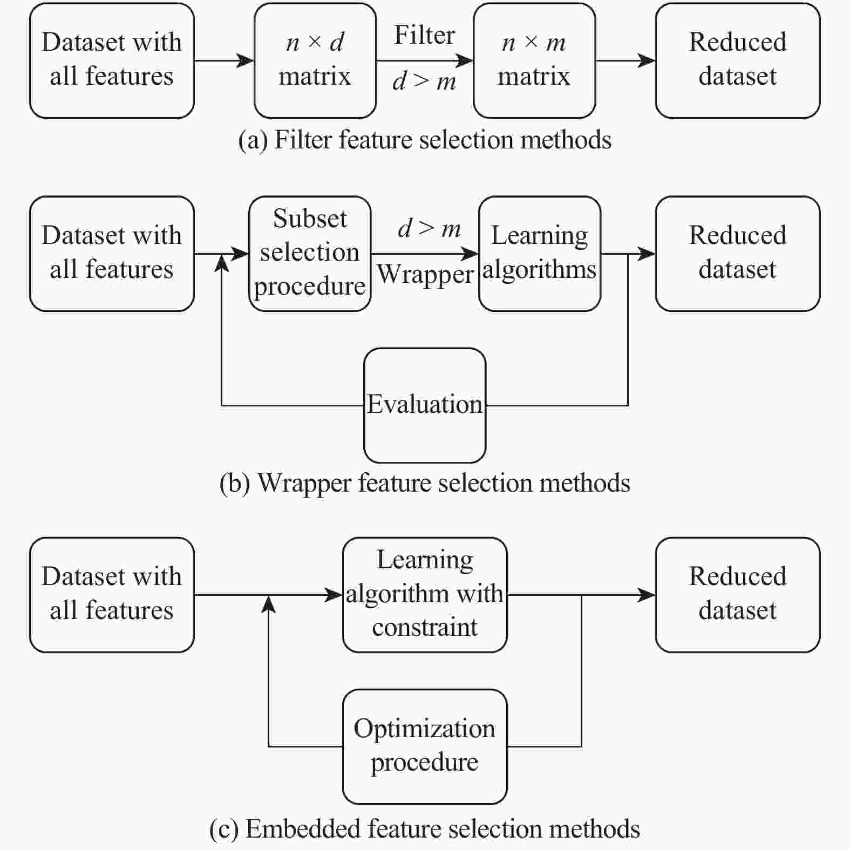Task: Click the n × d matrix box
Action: click(x=315, y=60)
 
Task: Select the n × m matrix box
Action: click(x=534, y=60)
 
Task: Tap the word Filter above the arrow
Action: click(x=425, y=36)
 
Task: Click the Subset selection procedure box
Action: click(x=310, y=254)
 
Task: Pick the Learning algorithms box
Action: click(x=540, y=254)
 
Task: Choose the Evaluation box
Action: click(x=425, y=405)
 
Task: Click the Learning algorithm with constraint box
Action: click(x=425, y=595)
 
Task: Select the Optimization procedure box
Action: click(x=425, y=746)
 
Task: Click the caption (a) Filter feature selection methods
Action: click(x=425, y=140)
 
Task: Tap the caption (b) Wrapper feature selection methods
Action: click(x=425, y=483)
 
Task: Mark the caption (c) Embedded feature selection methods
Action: click(x=425, y=829)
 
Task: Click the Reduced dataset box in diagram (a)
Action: click(x=738, y=60)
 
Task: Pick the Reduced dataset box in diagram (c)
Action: click(x=738, y=595)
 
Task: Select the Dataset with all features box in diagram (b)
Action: click(x=112, y=254)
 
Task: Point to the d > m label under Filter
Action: click(x=425, y=81)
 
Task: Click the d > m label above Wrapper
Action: click(x=430, y=229)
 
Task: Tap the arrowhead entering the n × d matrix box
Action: click(x=246, y=60)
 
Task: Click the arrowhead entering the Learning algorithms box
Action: click(x=470, y=254)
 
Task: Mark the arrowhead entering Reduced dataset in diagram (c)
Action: click(x=647, y=595)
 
